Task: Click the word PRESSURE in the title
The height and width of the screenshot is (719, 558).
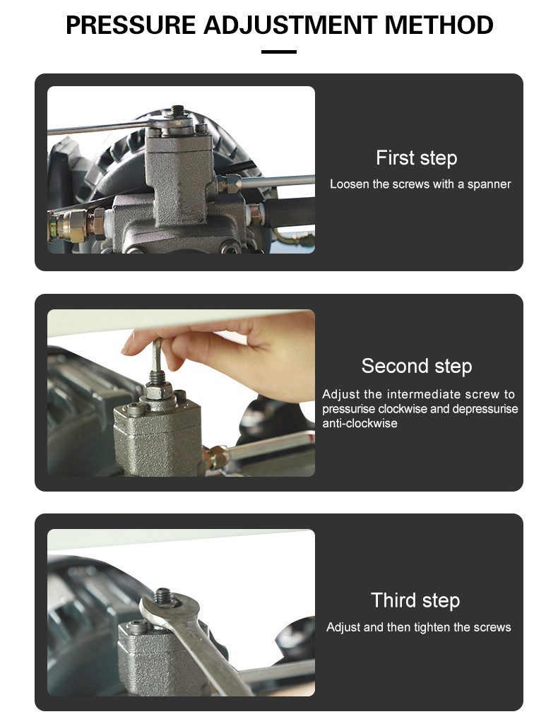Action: (131, 25)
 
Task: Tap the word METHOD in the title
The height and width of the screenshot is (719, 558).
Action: (439, 25)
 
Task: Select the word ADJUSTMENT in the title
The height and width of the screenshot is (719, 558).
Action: (290, 25)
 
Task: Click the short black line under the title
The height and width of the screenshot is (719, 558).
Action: (279, 52)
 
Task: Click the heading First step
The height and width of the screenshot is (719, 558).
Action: (416, 158)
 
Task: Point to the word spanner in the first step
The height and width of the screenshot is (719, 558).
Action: (489, 184)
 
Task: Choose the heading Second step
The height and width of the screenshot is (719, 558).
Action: (416, 366)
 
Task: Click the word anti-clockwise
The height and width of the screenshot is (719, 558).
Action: (360, 423)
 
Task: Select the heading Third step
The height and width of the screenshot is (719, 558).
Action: (415, 600)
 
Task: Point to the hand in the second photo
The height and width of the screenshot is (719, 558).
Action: (230, 353)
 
